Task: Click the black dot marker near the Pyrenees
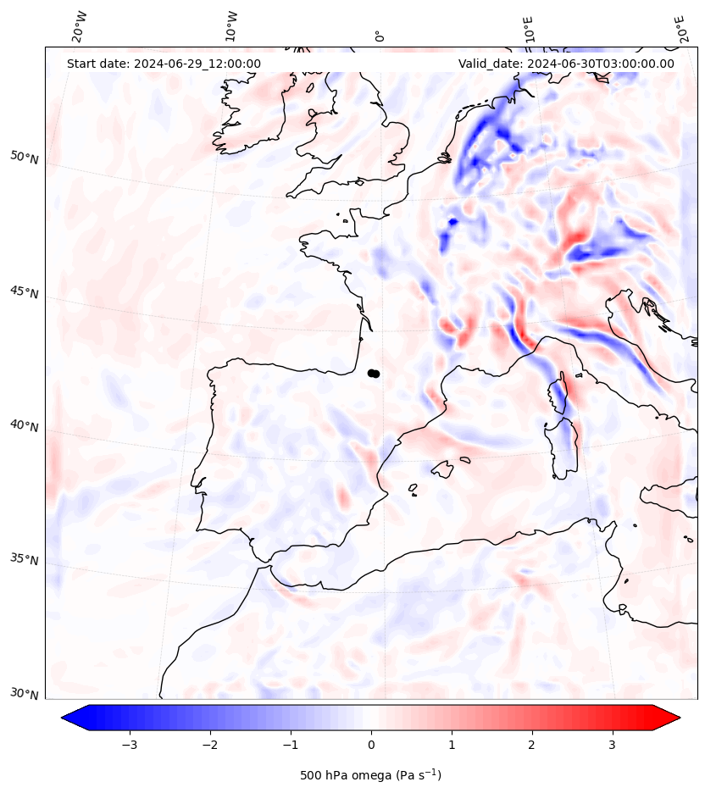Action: [x=374, y=373]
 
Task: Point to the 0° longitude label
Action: [x=380, y=35]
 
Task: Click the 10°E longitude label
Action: [x=530, y=29]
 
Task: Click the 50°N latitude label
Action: [x=25, y=158]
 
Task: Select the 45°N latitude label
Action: [x=25, y=292]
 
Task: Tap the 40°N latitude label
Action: [x=25, y=425]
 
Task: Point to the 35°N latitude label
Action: [x=25, y=560]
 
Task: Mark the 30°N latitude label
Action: [x=25, y=694]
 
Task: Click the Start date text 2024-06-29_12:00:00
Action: [x=164, y=64]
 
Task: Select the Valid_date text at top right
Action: [x=566, y=64]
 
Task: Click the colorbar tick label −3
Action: [x=130, y=745]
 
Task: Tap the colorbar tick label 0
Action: [x=371, y=745]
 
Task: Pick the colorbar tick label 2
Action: [x=531, y=745]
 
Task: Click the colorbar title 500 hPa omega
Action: [x=370, y=775]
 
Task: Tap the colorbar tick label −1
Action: [x=291, y=745]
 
